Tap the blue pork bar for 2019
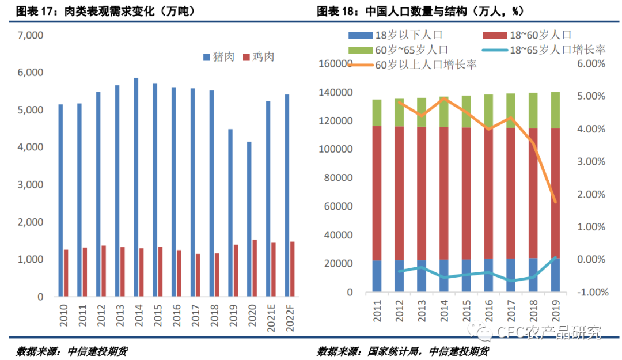(x=230, y=213)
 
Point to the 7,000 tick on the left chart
(x=31, y=36)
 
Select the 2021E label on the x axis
(x=268, y=320)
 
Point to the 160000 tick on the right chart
(x=336, y=64)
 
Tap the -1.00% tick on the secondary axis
(x=590, y=292)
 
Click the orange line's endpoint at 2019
(x=555, y=202)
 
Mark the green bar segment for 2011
(x=377, y=113)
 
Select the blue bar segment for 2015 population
(x=466, y=276)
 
